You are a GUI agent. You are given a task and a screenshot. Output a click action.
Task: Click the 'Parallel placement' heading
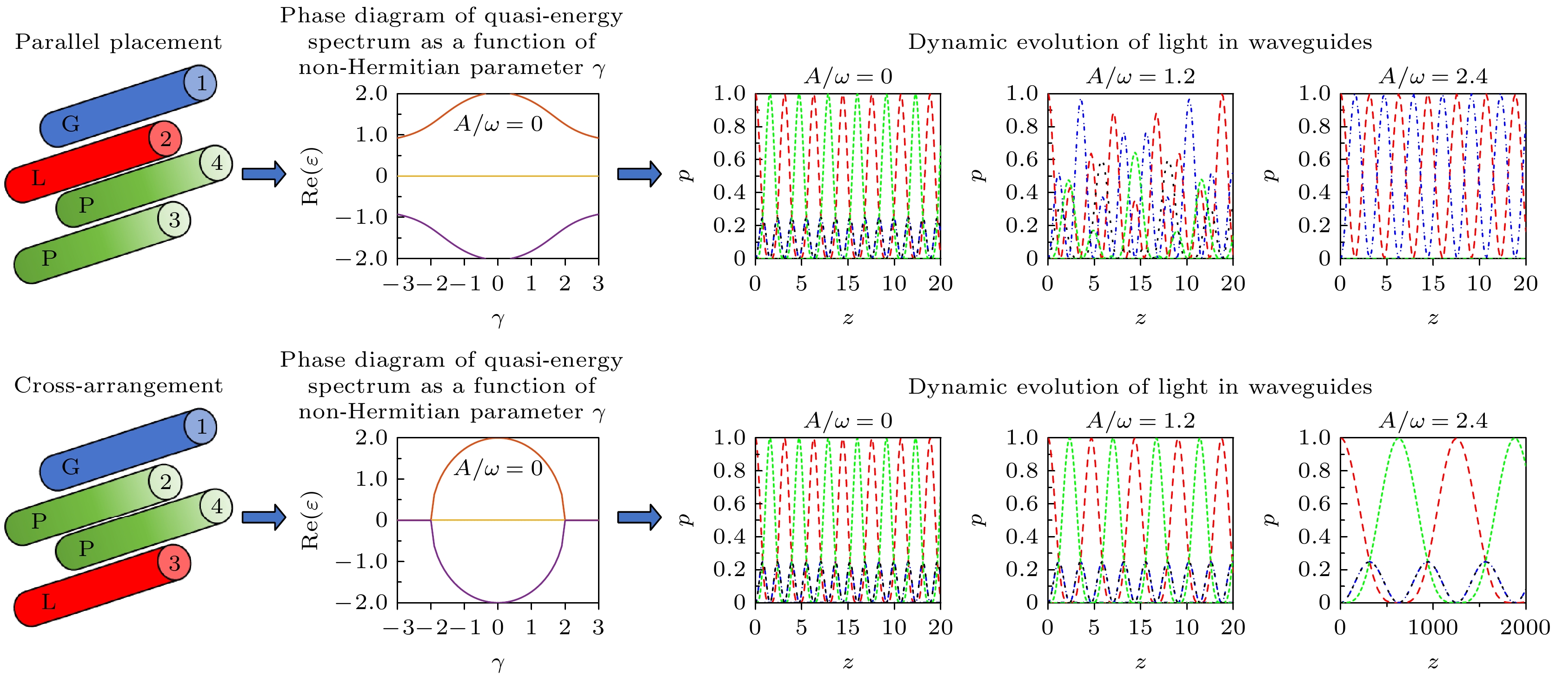pyautogui.click(x=119, y=42)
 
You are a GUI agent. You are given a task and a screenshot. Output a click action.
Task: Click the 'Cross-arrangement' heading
pyautogui.click(x=119, y=385)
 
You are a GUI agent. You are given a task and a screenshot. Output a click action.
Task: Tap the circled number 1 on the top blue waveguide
pyautogui.click(x=201, y=83)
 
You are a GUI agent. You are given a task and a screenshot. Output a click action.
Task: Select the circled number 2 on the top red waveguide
pyautogui.click(x=166, y=139)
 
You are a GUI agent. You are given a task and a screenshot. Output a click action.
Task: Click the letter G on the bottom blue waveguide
pyautogui.click(x=71, y=466)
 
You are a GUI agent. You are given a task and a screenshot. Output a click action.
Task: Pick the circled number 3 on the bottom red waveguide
pyautogui.click(x=174, y=563)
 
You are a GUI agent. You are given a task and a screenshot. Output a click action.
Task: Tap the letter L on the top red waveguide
pyautogui.click(x=39, y=178)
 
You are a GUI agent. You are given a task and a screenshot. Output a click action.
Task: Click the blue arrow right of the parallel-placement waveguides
pyautogui.click(x=263, y=174)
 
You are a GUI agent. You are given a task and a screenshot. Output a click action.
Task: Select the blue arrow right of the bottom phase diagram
pyautogui.click(x=639, y=517)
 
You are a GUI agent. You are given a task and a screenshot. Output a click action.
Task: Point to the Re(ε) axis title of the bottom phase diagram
pyautogui.click(x=311, y=520)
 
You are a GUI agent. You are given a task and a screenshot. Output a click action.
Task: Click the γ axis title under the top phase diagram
pyautogui.click(x=498, y=318)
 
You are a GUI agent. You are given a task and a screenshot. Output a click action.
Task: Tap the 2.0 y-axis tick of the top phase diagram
pyautogui.click(x=371, y=93)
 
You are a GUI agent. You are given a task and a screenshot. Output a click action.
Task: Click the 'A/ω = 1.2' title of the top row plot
pyautogui.click(x=1140, y=76)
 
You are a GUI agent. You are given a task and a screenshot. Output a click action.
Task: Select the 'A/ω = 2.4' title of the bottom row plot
pyautogui.click(x=1433, y=421)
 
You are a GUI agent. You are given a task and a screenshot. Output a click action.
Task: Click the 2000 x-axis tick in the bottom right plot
pyautogui.click(x=1524, y=627)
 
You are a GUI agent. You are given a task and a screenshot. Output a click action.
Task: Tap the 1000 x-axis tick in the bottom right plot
pyautogui.click(x=1433, y=627)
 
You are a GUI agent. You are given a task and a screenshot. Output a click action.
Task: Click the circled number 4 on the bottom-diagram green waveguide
pyautogui.click(x=217, y=506)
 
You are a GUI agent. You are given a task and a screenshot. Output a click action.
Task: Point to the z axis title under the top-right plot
pyautogui.click(x=1433, y=318)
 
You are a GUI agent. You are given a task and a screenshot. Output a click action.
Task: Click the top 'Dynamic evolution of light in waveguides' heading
pyautogui.click(x=1140, y=42)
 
